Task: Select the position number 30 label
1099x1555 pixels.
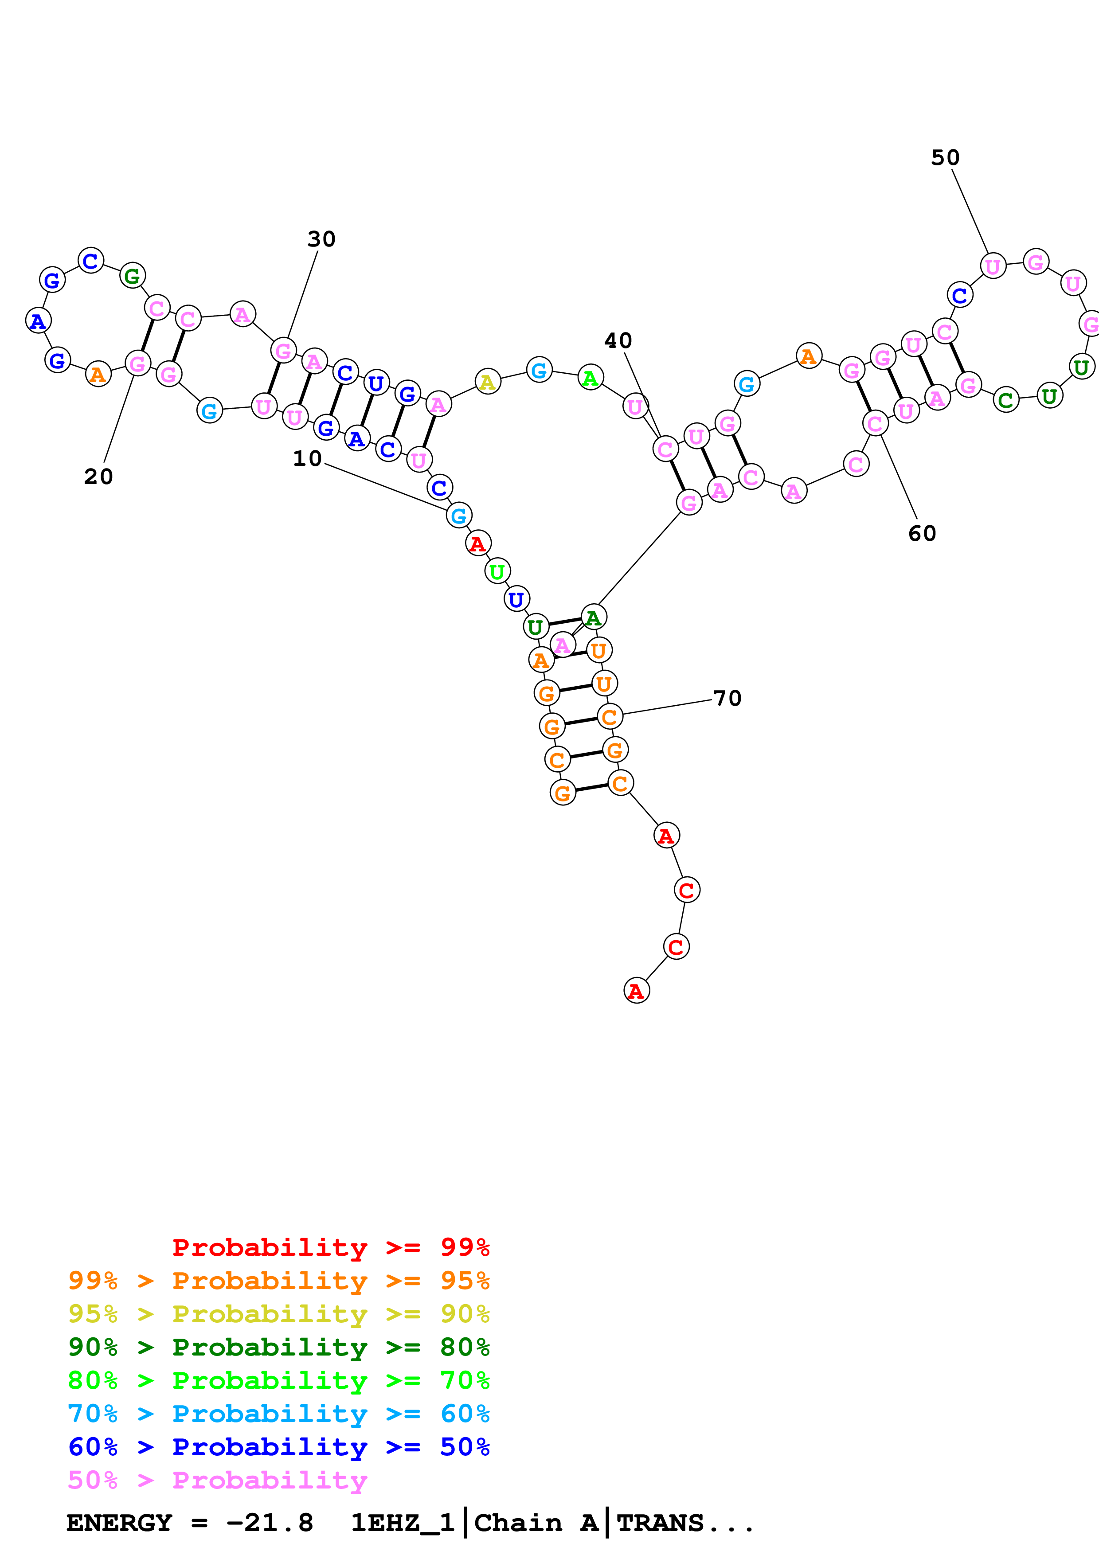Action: point(321,239)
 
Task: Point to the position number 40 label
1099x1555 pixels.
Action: point(618,341)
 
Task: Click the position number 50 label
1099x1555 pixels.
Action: point(945,158)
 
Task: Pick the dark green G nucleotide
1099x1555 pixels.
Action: point(133,276)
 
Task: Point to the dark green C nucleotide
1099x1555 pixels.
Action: point(1005,400)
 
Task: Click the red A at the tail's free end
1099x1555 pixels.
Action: point(636,991)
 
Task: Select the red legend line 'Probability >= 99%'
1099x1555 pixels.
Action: point(330,1247)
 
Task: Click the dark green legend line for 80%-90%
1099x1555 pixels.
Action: point(278,1347)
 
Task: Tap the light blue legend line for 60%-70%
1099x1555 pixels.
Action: point(278,1414)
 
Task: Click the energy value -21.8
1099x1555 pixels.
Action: point(270,1523)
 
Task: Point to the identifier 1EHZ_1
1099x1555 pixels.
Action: point(402,1523)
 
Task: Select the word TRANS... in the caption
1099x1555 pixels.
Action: point(685,1523)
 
